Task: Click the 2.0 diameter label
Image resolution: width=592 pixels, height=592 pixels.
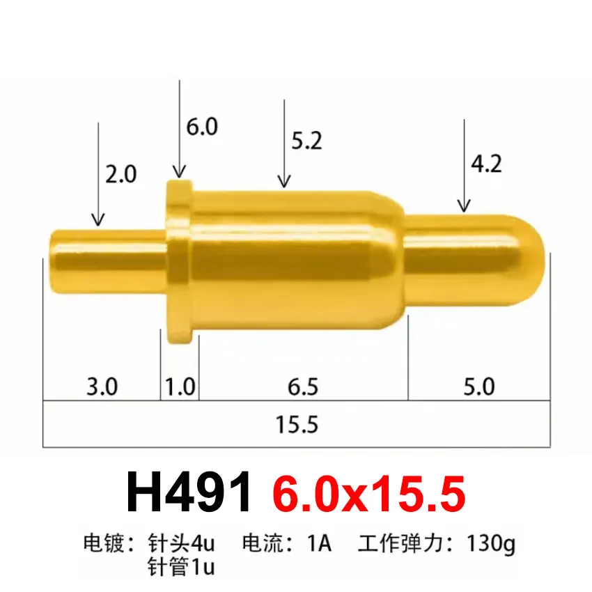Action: pyautogui.click(x=121, y=174)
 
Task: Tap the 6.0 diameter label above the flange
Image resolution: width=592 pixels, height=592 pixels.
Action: pyautogui.click(x=202, y=127)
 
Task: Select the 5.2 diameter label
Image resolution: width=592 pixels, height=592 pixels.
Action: pyautogui.click(x=306, y=141)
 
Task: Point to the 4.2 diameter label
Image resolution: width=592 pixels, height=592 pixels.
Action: pyautogui.click(x=486, y=164)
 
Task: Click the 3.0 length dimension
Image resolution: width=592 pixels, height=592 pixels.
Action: pyautogui.click(x=102, y=385)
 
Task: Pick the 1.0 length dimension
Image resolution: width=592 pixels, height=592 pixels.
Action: pyautogui.click(x=180, y=385)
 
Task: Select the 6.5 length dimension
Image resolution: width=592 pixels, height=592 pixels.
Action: pyautogui.click(x=303, y=385)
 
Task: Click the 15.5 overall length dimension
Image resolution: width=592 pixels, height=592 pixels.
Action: pyautogui.click(x=297, y=423)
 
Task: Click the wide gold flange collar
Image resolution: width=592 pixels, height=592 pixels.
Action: pyautogui.click(x=180, y=261)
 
